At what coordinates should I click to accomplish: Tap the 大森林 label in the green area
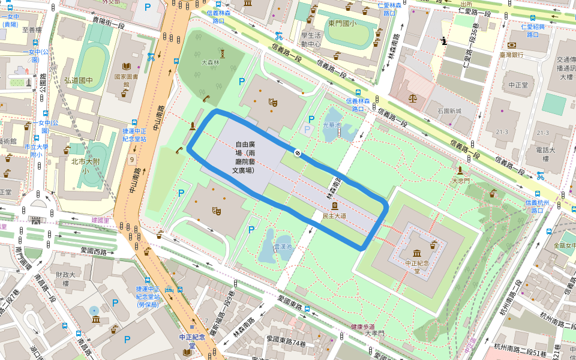click(211, 62)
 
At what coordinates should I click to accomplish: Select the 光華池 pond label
click(332, 125)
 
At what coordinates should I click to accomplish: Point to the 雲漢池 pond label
click(282, 247)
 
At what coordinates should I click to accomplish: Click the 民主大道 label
click(335, 214)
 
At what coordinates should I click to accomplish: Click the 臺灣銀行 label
click(511, 55)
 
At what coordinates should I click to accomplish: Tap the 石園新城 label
click(449, 111)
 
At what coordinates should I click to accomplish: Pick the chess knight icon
click(443, 41)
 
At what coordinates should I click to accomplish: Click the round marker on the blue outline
click(296, 152)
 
